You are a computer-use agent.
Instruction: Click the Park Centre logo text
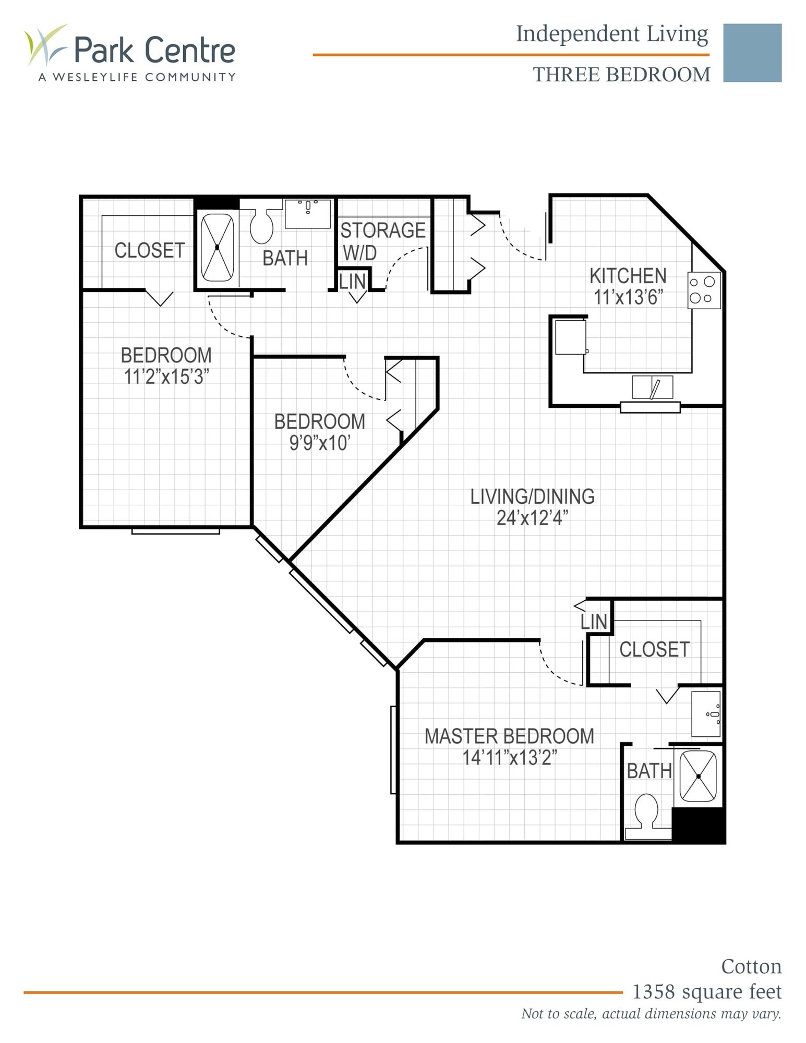154,50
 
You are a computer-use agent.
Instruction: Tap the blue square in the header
752,53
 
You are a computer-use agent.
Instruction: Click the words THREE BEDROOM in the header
621,75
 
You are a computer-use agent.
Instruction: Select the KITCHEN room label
628,276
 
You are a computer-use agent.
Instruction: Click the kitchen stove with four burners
704,290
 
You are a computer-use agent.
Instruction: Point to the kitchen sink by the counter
652,387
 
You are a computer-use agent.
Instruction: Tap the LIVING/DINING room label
532,496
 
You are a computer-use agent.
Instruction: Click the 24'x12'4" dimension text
532,518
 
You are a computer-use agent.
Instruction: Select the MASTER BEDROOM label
509,736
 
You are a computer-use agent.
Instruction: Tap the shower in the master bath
698,776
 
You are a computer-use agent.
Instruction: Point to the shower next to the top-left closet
217,247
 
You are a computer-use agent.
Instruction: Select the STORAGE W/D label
382,240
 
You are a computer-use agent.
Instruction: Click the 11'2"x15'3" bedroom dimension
166,377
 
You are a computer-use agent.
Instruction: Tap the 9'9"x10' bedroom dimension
319,443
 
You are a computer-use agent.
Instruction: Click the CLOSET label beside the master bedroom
654,649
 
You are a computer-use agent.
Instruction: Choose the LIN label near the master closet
594,622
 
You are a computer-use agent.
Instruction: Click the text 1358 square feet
706,991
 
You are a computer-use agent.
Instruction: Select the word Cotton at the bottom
751,966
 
